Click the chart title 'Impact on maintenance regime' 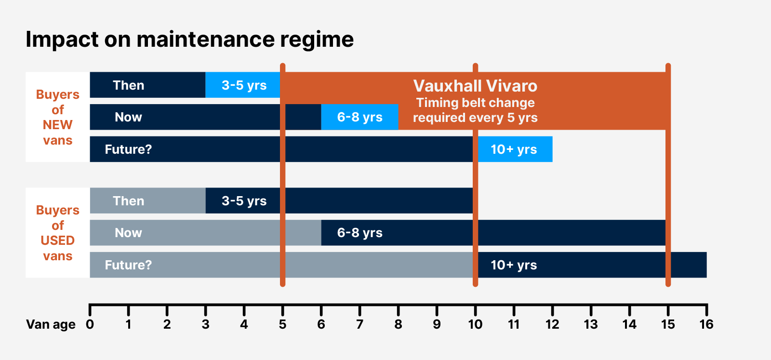(x=189, y=40)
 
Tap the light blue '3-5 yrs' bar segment (x=243, y=85)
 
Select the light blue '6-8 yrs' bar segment (x=359, y=117)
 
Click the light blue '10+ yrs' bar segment (x=514, y=149)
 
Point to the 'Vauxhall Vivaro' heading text (x=475, y=86)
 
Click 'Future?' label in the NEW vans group (x=128, y=149)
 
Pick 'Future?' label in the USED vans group (x=128, y=265)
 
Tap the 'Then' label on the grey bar (x=128, y=201)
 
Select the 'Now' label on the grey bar (x=128, y=233)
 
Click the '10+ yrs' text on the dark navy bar (x=514, y=265)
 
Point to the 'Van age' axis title (x=51, y=324)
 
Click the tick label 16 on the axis (x=706, y=324)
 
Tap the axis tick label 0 (x=90, y=324)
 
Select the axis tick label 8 (x=398, y=324)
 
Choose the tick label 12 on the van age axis (x=552, y=324)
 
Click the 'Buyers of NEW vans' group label (x=57, y=117)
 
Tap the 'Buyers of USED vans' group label (x=57, y=233)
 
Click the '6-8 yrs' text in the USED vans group (x=359, y=233)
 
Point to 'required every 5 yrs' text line (x=475, y=118)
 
